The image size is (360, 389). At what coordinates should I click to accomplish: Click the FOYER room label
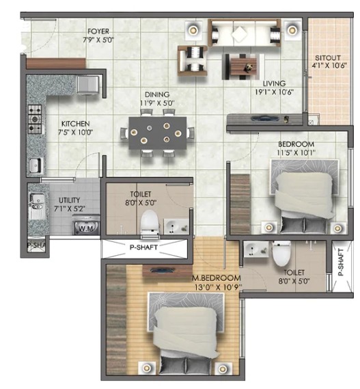pos(98,31)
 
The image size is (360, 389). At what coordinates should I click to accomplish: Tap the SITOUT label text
pos(328,58)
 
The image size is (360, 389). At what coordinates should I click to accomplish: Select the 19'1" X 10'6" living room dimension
pos(274,92)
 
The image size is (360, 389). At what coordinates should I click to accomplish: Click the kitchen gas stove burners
pos(34,119)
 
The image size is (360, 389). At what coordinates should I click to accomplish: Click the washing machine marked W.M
pos(86,225)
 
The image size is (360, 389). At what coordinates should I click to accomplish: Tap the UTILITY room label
pos(69,200)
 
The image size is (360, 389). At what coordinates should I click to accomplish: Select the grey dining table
pos(158,133)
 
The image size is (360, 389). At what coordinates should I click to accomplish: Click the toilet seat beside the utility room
pos(150,222)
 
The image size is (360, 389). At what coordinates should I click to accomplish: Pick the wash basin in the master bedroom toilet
pos(255,249)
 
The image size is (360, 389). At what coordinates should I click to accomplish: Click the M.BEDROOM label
pos(216,278)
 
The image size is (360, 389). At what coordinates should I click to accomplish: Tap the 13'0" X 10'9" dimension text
pos(218,287)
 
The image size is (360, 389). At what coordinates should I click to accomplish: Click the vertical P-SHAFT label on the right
pos(341,262)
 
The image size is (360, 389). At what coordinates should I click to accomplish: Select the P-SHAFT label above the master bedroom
pos(143,247)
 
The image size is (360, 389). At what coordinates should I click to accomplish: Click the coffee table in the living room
pos(243,67)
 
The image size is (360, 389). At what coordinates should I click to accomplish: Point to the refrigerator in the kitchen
pos(87,85)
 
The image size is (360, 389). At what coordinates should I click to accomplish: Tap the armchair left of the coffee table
pos(193,60)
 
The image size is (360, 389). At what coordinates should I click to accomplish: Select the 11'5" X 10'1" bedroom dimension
pos(296,152)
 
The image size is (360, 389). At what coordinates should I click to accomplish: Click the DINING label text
pos(157,94)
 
